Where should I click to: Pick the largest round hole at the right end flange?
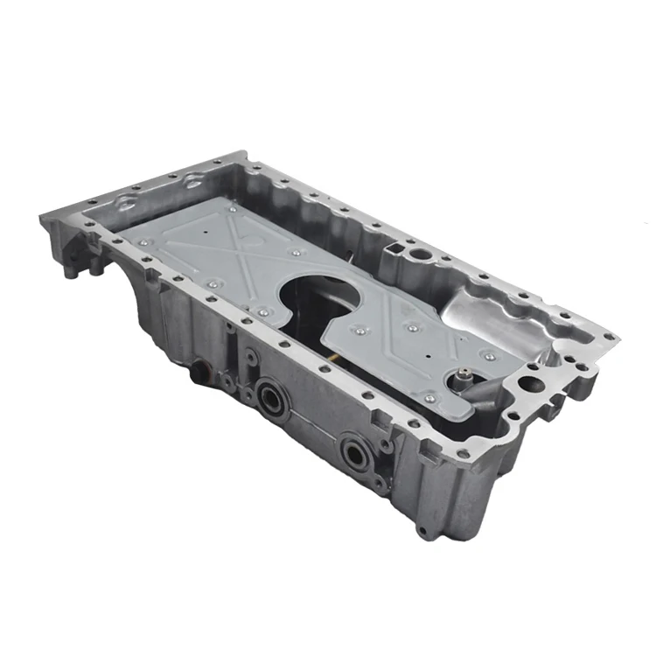click(530, 382)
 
